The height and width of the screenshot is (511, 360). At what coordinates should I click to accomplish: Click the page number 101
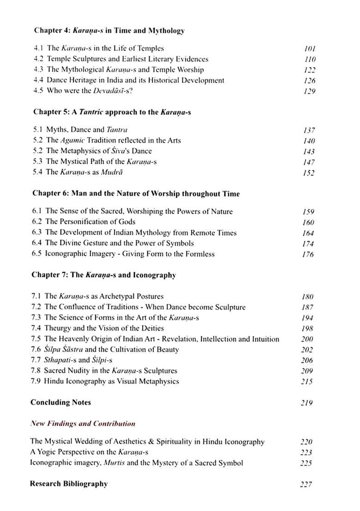[310, 48]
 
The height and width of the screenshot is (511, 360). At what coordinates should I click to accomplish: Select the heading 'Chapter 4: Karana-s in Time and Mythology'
[109, 31]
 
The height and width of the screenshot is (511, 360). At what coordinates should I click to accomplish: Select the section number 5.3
[39, 161]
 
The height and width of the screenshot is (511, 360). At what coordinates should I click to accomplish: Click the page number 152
[309, 173]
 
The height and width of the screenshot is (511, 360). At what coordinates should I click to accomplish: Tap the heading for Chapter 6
[135, 194]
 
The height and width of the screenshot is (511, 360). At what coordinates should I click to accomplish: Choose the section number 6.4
[38, 243]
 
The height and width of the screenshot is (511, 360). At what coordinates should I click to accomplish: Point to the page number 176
[307, 254]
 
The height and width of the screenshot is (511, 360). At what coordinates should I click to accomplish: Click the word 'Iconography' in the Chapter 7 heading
[154, 275]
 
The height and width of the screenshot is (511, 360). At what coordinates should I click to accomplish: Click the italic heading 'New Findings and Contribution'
[83, 423]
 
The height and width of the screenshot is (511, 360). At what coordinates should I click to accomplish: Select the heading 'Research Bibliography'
[69, 484]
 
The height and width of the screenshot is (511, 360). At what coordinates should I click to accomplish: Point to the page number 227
[306, 484]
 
